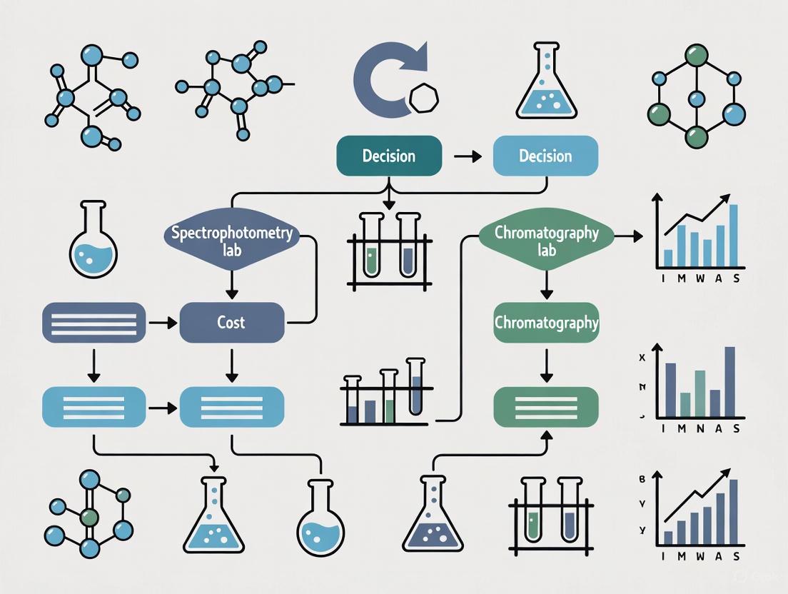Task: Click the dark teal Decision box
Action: click(389, 156)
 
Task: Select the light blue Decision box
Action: click(545, 156)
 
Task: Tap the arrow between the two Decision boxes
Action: click(468, 156)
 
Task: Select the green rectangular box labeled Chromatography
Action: click(546, 323)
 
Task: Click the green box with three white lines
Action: click(546, 408)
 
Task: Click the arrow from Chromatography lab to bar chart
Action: click(628, 235)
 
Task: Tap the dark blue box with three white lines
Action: click(94, 323)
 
